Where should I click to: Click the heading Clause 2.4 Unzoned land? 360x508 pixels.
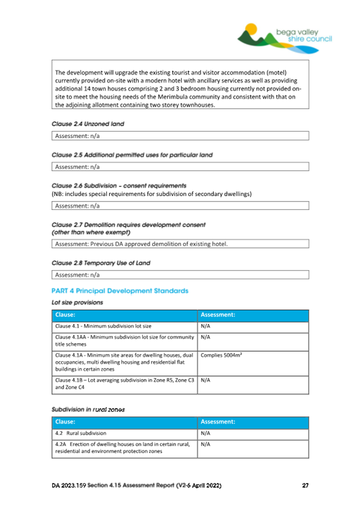88,124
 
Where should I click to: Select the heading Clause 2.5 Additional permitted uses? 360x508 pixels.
132,155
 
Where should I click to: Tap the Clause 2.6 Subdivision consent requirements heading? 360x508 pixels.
119,186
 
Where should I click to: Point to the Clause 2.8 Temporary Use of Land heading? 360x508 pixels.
101,263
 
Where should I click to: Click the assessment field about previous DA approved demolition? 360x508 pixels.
180,244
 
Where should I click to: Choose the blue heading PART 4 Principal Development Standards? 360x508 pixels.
120,291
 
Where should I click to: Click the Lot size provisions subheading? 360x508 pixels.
77,302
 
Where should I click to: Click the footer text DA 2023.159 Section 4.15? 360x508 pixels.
137,486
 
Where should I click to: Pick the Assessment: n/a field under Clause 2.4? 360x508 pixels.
180,136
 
